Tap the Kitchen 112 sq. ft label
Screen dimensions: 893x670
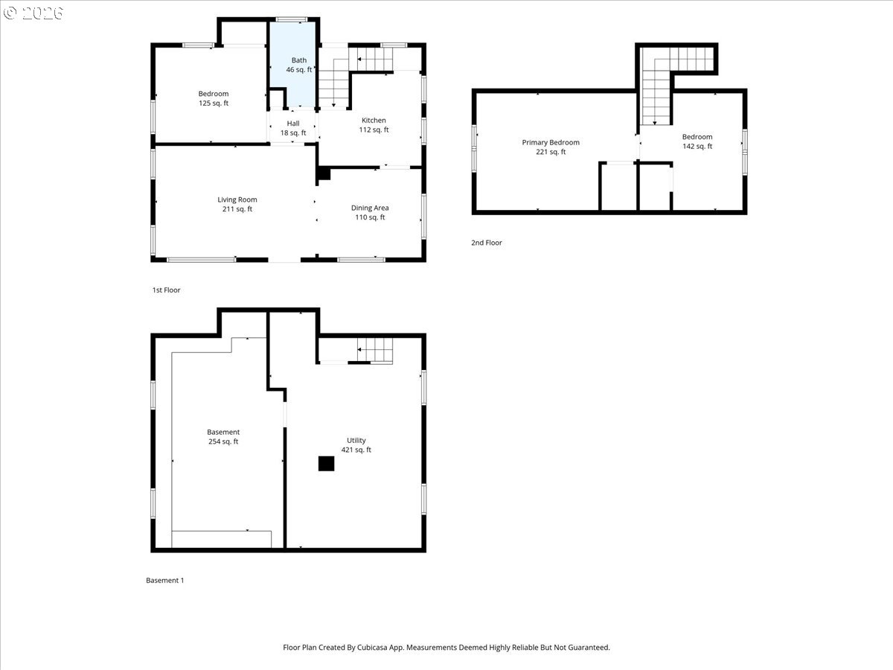point(374,125)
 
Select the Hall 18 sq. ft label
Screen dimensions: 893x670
point(293,128)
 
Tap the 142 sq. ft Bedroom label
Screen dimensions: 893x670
point(697,141)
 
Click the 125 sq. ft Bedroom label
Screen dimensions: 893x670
point(213,98)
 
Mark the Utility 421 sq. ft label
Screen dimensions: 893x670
point(356,445)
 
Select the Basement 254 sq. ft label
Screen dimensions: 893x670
point(223,436)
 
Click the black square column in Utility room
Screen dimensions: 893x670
point(326,463)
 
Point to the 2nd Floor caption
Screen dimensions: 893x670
point(487,243)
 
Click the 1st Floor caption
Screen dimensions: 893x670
point(166,290)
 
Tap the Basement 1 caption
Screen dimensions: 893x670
point(164,581)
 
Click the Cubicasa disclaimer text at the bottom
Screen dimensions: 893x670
point(446,648)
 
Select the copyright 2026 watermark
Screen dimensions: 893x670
point(33,13)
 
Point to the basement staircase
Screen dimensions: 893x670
point(375,350)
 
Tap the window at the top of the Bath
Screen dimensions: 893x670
point(292,19)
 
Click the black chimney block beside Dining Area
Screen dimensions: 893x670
point(324,173)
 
